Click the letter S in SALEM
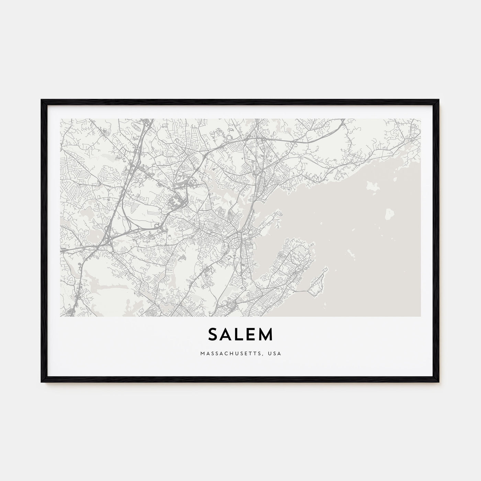click(x=213, y=335)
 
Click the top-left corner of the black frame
click(x=42, y=100)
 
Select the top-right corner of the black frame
click(x=439, y=100)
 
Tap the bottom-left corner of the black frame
click(x=42, y=382)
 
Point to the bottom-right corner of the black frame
click(x=439, y=382)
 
